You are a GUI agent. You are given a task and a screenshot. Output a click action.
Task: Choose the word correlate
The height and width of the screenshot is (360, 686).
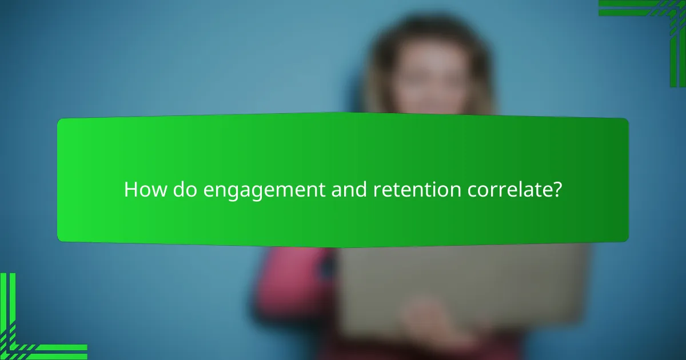pos(508,190)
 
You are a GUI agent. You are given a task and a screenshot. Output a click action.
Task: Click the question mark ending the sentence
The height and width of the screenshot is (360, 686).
pos(556,190)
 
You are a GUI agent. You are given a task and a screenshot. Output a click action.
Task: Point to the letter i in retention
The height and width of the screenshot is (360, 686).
pos(435,190)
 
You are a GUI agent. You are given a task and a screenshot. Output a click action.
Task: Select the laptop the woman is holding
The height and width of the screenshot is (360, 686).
pos(457,286)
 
